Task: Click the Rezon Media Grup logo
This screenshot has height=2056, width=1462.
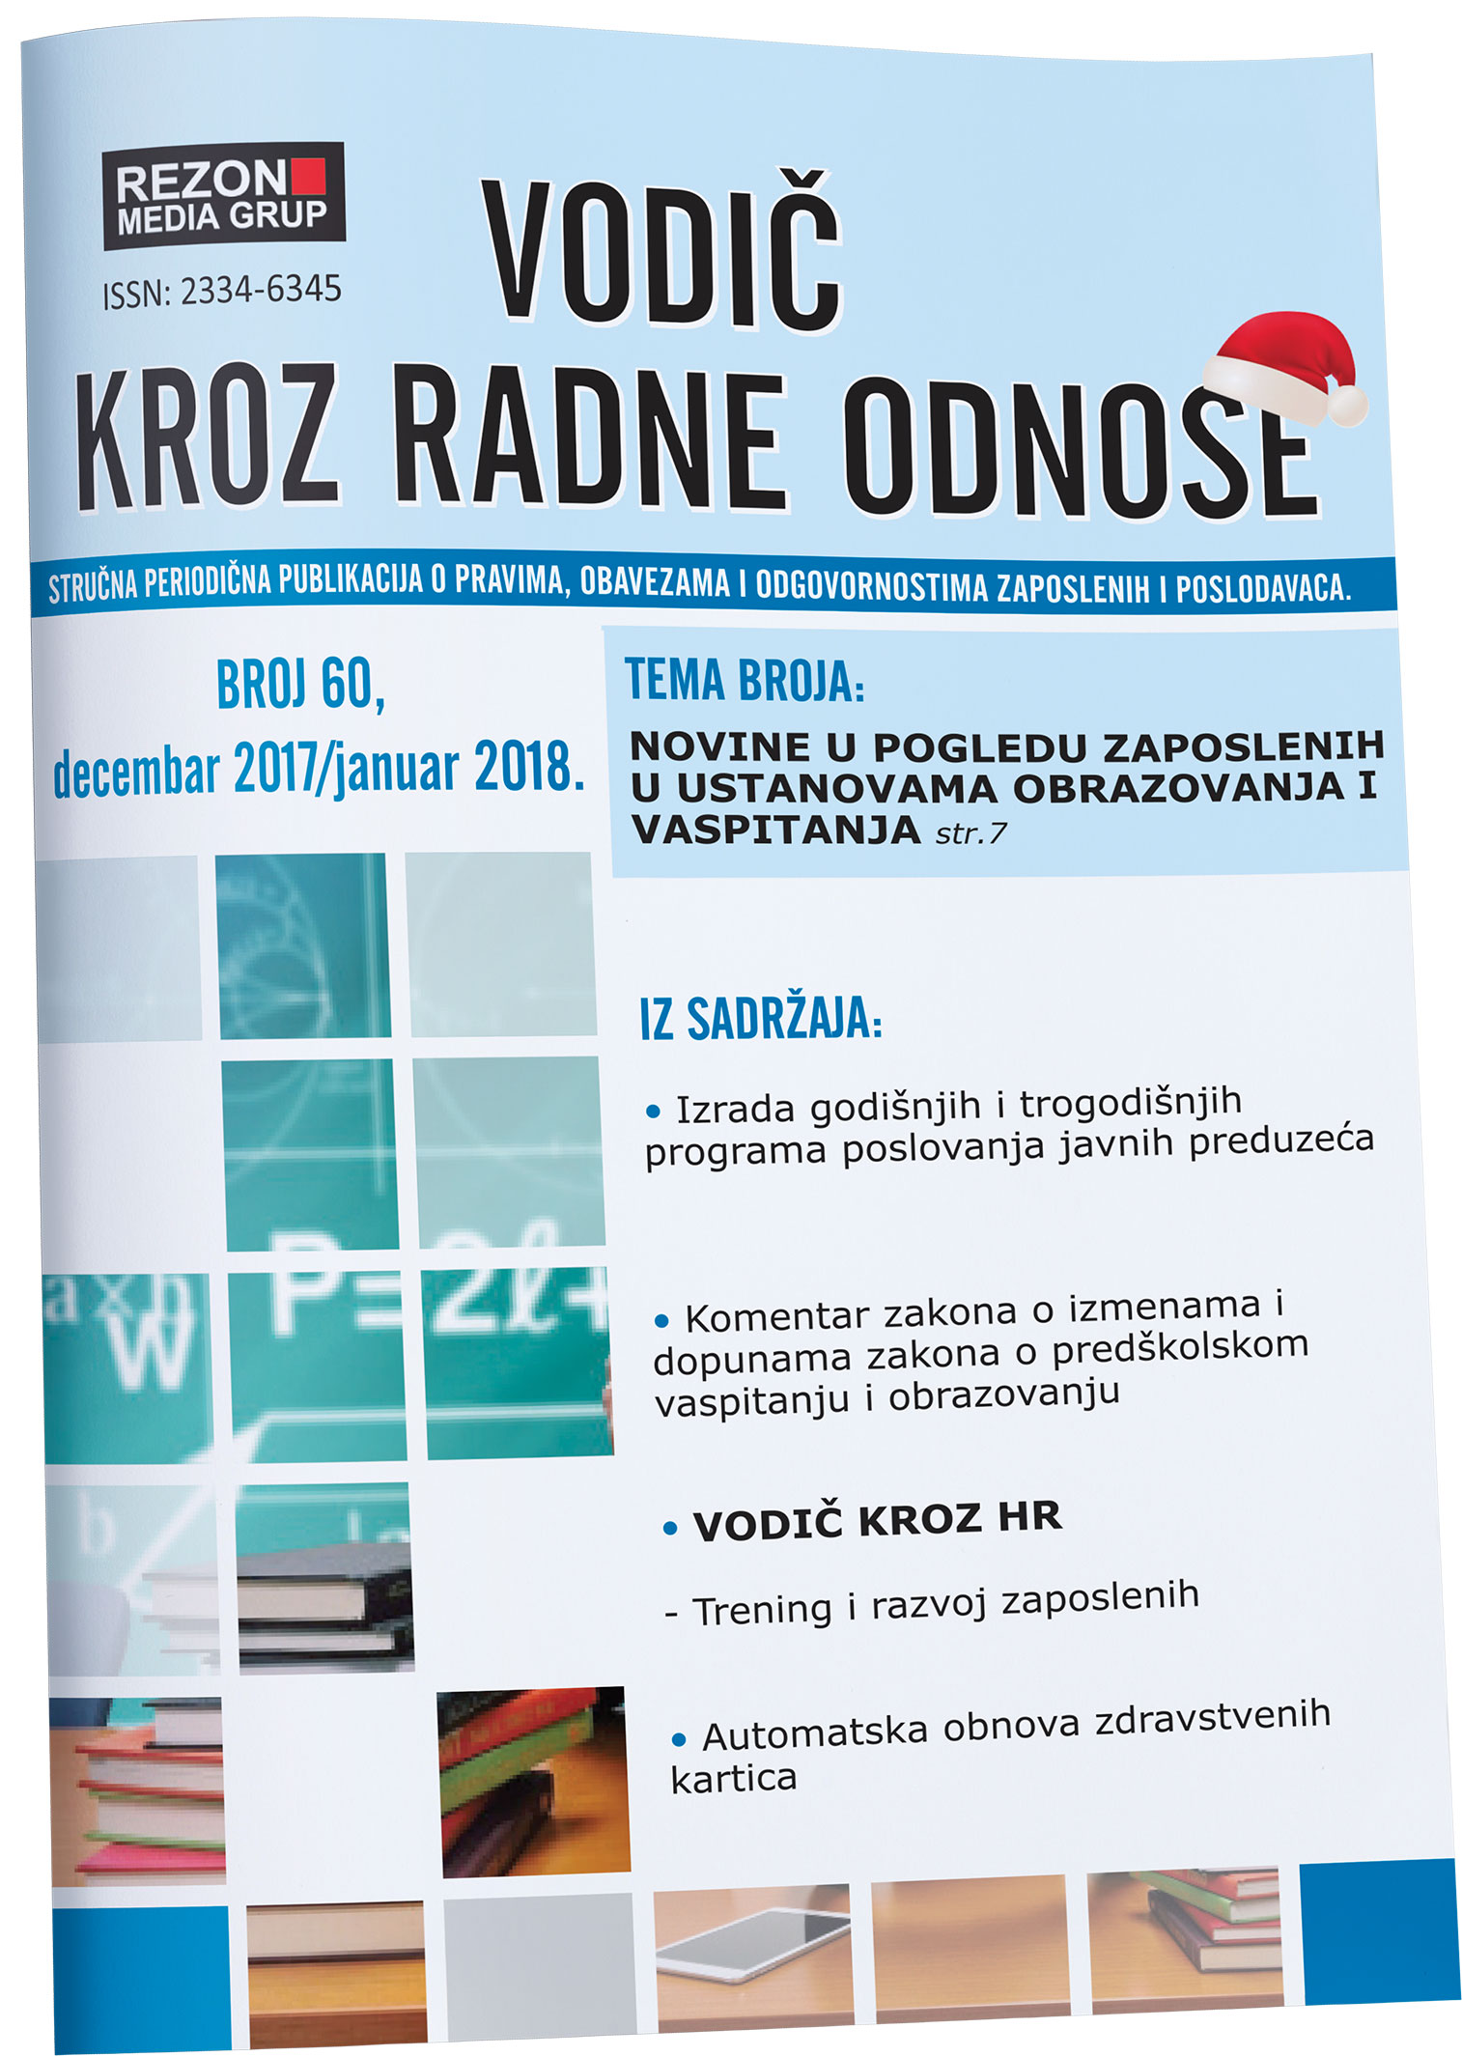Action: click(223, 196)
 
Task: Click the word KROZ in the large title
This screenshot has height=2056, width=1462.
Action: click(208, 437)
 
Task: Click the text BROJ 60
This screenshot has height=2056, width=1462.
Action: click(300, 684)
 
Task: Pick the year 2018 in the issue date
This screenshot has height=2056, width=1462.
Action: click(529, 768)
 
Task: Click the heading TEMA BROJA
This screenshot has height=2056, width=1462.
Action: click(745, 680)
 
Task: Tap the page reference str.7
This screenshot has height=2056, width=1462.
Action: click(970, 832)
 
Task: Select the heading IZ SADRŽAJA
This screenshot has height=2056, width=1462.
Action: click(761, 1019)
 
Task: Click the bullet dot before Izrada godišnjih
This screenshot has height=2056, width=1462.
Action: click(654, 1112)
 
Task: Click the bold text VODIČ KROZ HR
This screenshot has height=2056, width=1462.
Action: click(877, 1521)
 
